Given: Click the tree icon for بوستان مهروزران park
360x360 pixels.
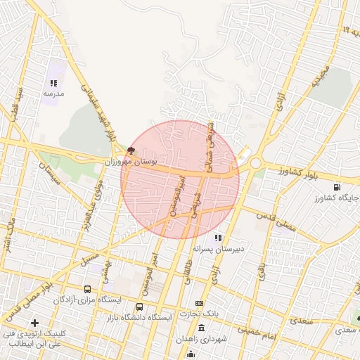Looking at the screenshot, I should click(131, 150).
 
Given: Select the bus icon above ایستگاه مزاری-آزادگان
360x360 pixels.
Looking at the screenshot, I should click(87, 289).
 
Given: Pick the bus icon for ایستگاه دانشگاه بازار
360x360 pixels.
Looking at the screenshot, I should click(139, 307).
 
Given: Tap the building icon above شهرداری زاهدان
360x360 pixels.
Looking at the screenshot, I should click(202, 329).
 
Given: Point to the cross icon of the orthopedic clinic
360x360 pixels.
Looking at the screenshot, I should click(34, 322).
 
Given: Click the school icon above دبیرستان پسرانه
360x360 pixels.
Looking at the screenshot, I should click(219, 238).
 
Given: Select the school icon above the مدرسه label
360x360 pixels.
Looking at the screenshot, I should click(53, 84).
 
